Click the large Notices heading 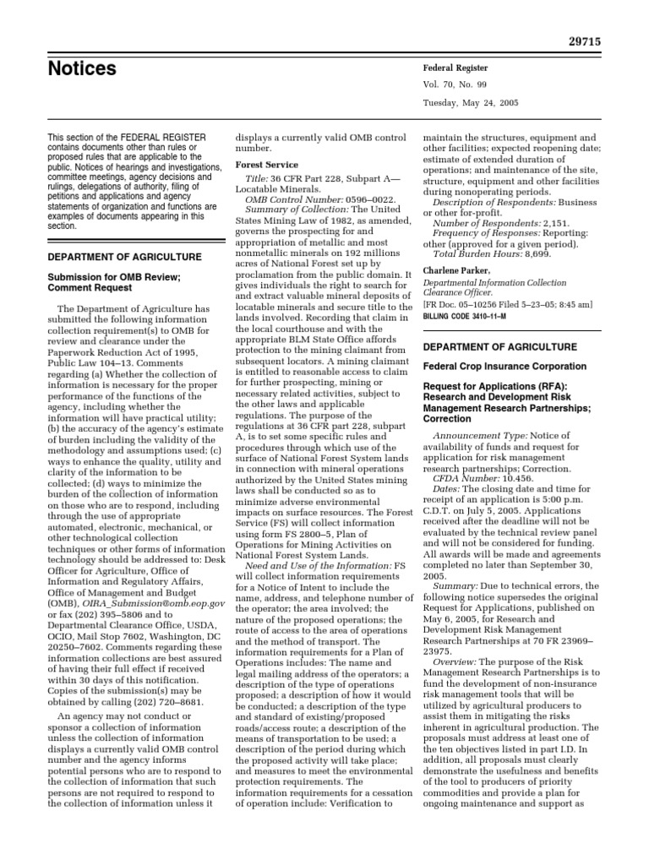click(x=82, y=68)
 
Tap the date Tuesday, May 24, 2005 click(x=471, y=103)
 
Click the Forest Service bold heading click(x=266, y=166)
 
